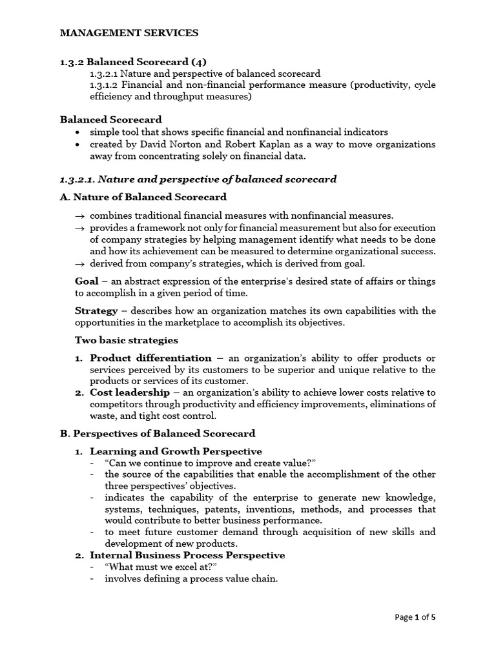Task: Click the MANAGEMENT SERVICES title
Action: pyautogui.click(x=129, y=32)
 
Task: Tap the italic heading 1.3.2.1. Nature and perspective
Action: pyautogui.click(x=198, y=179)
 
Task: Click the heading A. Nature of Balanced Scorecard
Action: pyautogui.click(x=143, y=197)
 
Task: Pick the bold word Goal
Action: pyautogui.click(x=87, y=281)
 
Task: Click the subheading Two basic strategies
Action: pyautogui.click(x=127, y=340)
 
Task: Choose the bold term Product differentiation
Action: pyautogui.click(x=150, y=358)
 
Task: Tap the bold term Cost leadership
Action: pyautogui.click(x=130, y=392)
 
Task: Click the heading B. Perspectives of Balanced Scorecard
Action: pyautogui.click(x=158, y=433)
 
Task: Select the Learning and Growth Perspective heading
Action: pyautogui.click(x=176, y=451)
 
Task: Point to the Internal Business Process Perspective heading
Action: pyautogui.click(x=187, y=555)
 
